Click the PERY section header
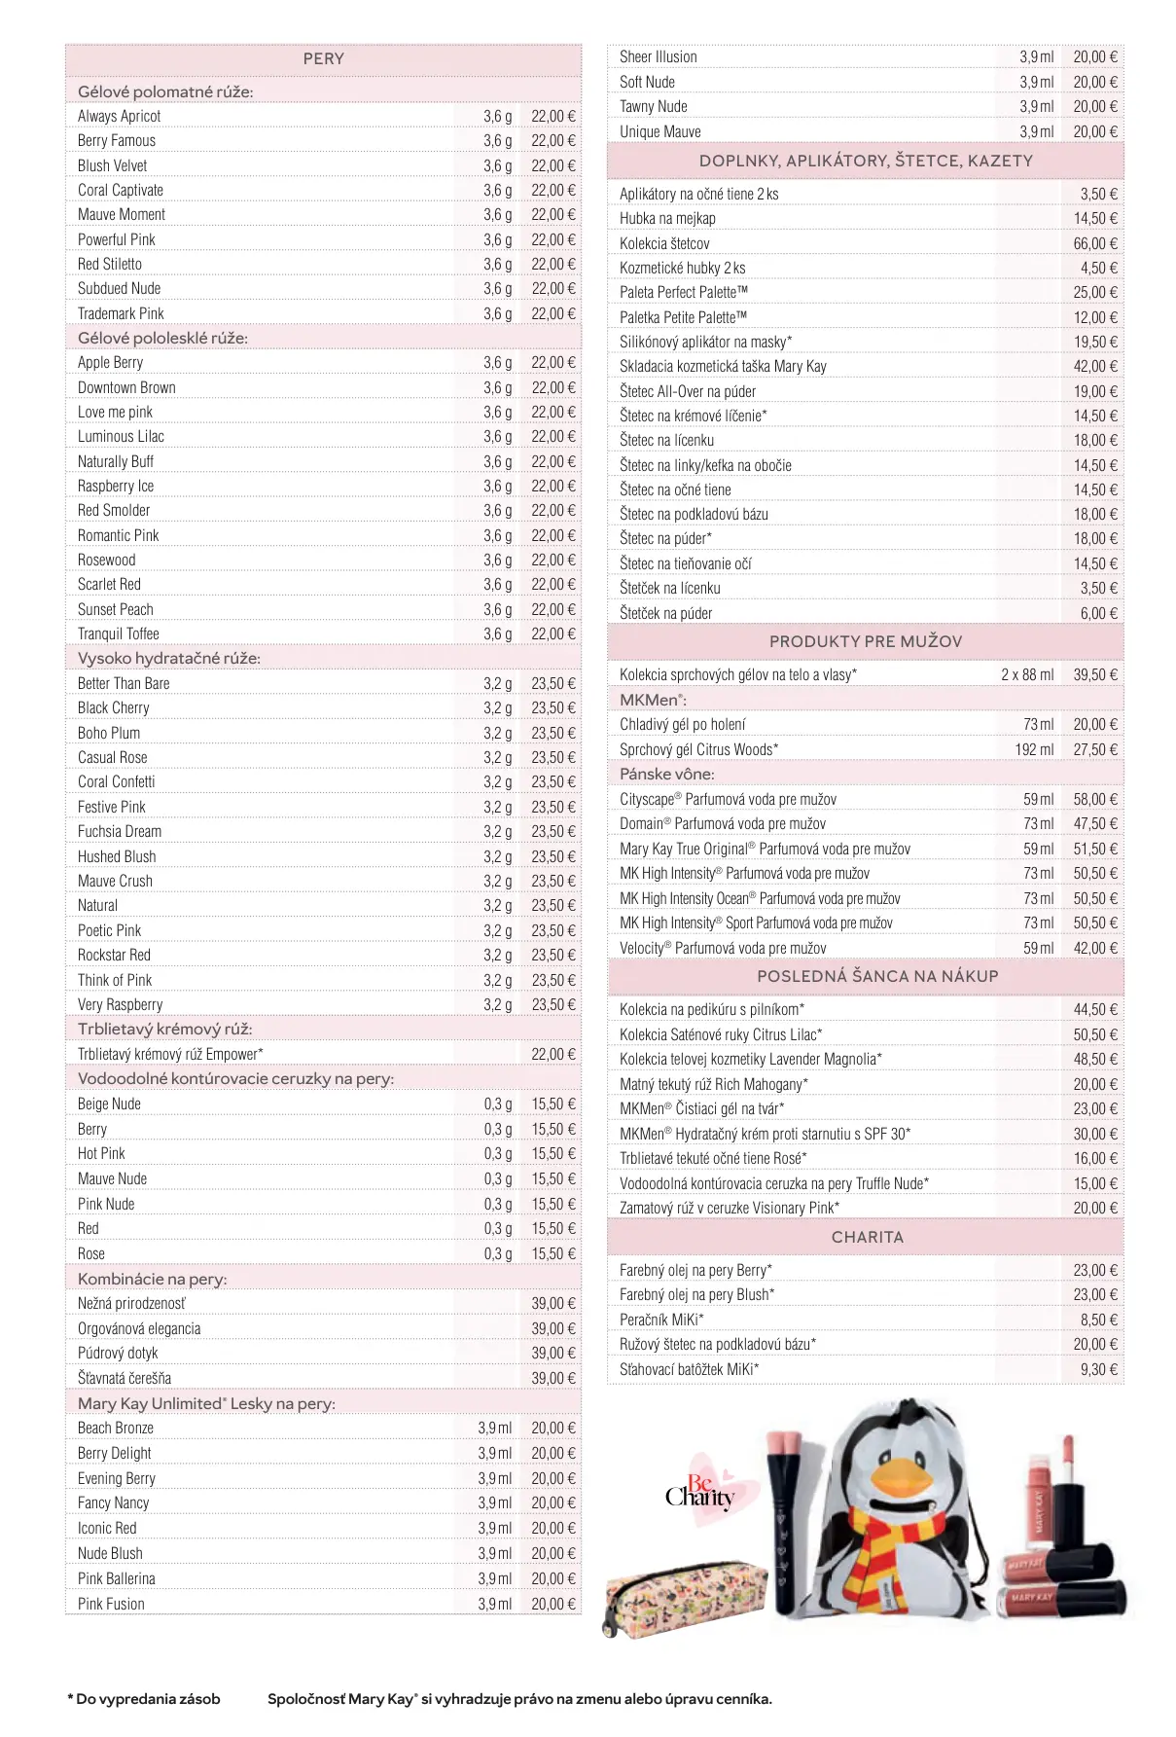coord(323,59)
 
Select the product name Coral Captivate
coord(121,191)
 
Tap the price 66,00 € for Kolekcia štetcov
coord(1095,244)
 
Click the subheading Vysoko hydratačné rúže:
coord(169,659)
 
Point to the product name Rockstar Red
coord(114,956)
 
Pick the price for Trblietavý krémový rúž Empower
coord(552,1055)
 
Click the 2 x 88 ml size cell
coord(1027,675)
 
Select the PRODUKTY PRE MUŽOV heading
coord(866,642)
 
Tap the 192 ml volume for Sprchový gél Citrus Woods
coord(1034,750)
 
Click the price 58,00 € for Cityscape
coord(1095,800)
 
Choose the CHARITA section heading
coord(867,1238)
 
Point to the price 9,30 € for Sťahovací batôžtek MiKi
coord(1098,1370)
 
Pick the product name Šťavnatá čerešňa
coord(125,1379)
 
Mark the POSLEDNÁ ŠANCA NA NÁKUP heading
coord(877,977)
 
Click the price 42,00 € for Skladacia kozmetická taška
coord(1095,367)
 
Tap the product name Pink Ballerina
coord(117,1579)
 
